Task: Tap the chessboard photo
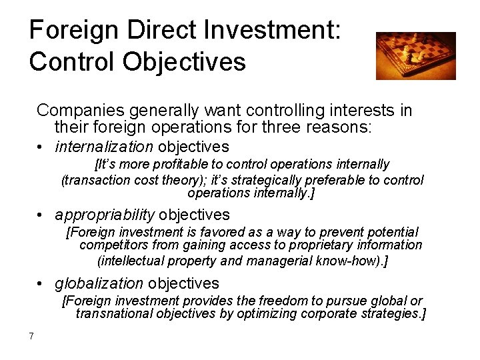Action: pyautogui.click(x=415, y=55)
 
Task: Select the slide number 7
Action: pyautogui.click(x=31, y=335)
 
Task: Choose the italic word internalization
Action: pyautogui.click(x=104, y=147)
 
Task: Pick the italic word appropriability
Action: pyautogui.click(x=105, y=215)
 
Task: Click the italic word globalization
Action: pyautogui.click(x=99, y=283)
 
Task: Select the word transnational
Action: pyautogui.click(x=114, y=314)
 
